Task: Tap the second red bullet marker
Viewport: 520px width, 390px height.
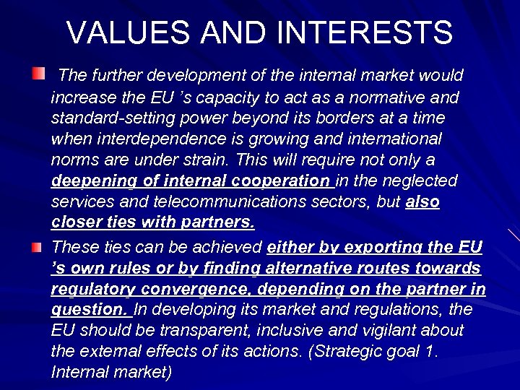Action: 37,248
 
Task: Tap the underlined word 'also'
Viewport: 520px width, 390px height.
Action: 422,201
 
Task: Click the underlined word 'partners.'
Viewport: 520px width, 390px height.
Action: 219,222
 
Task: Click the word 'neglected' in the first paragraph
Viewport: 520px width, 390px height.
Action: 422,181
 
